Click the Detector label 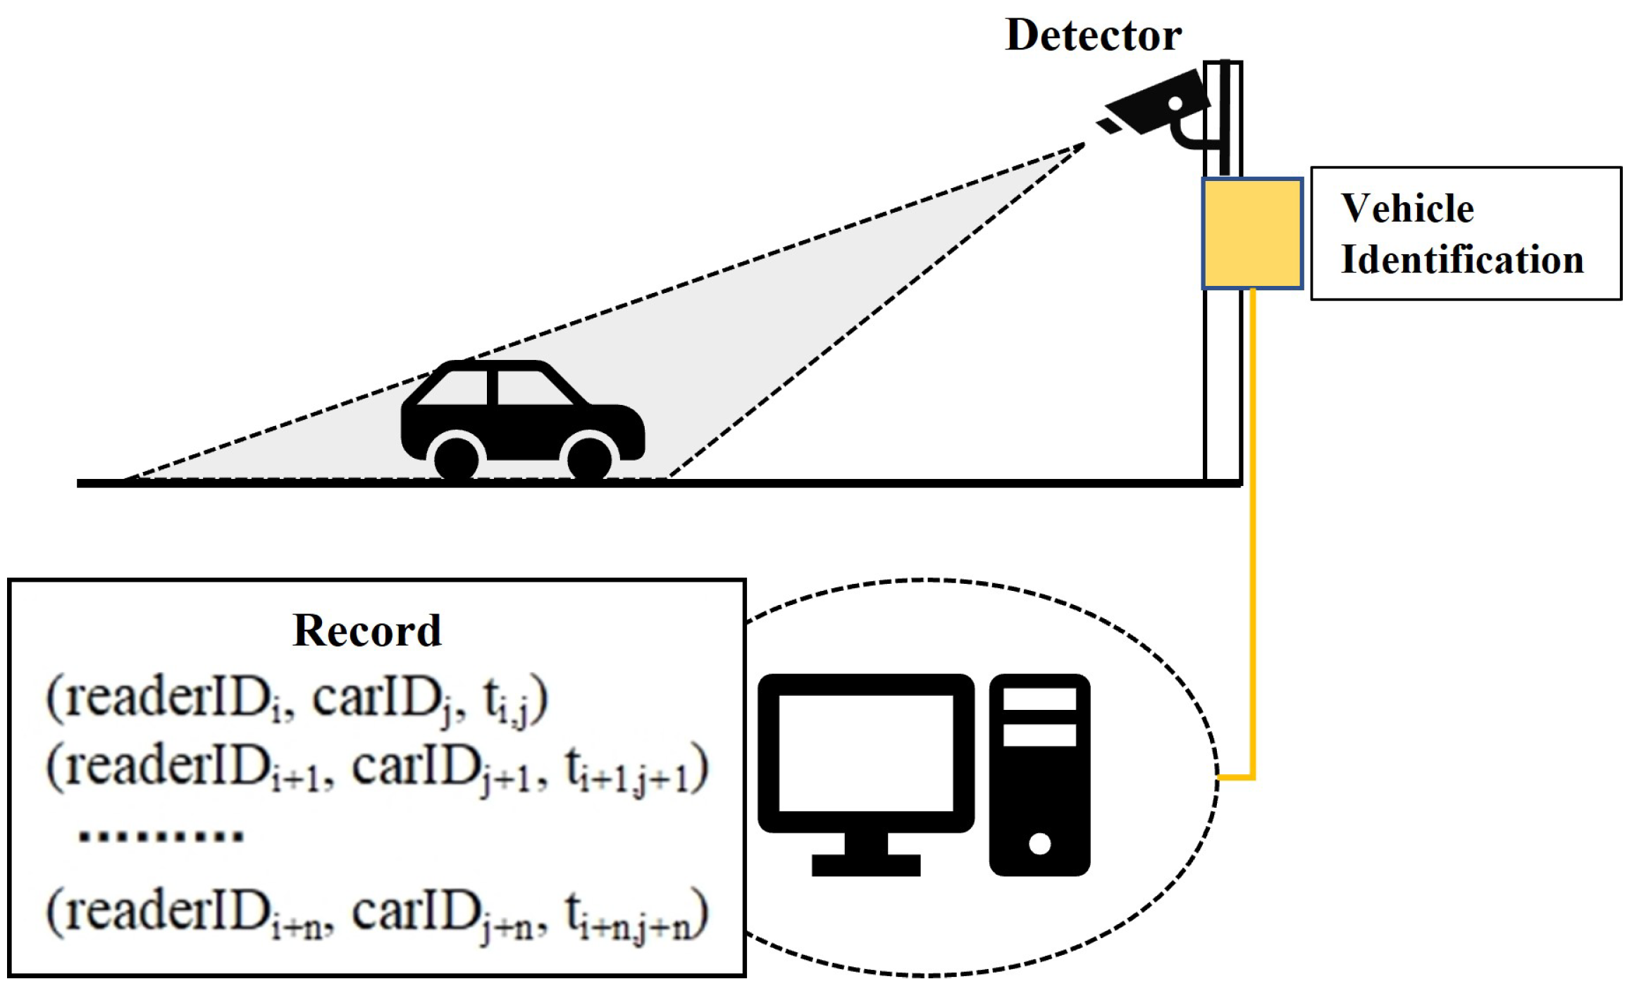(1093, 35)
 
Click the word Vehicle (1406, 208)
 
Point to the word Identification (1462, 260)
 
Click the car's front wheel (589, 459)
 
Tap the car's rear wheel (457, 459)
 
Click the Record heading (366, 630)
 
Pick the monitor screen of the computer (865, 753)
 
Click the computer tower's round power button (1039, 843)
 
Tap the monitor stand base (865, 865)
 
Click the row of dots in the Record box (161, 836)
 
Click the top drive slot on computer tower (1039, 699)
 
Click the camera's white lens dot (1175, 104)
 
